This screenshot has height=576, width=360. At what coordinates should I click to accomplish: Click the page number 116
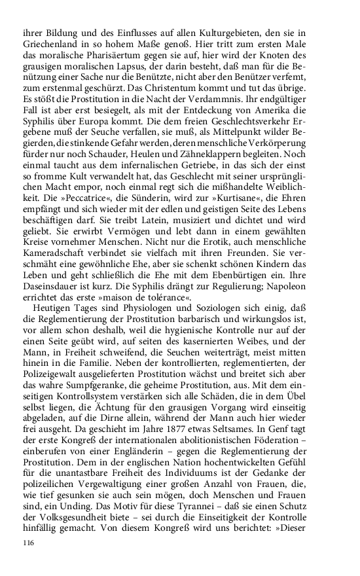click(x=27, y=543)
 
